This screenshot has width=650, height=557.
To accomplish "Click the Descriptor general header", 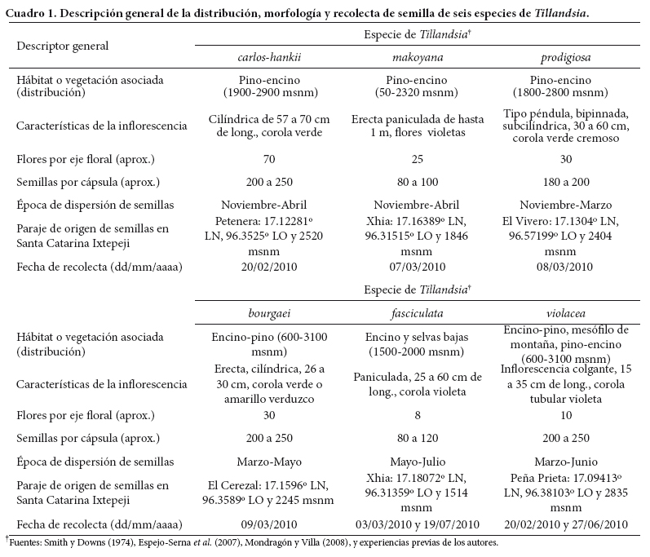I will (x=62, y=46).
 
